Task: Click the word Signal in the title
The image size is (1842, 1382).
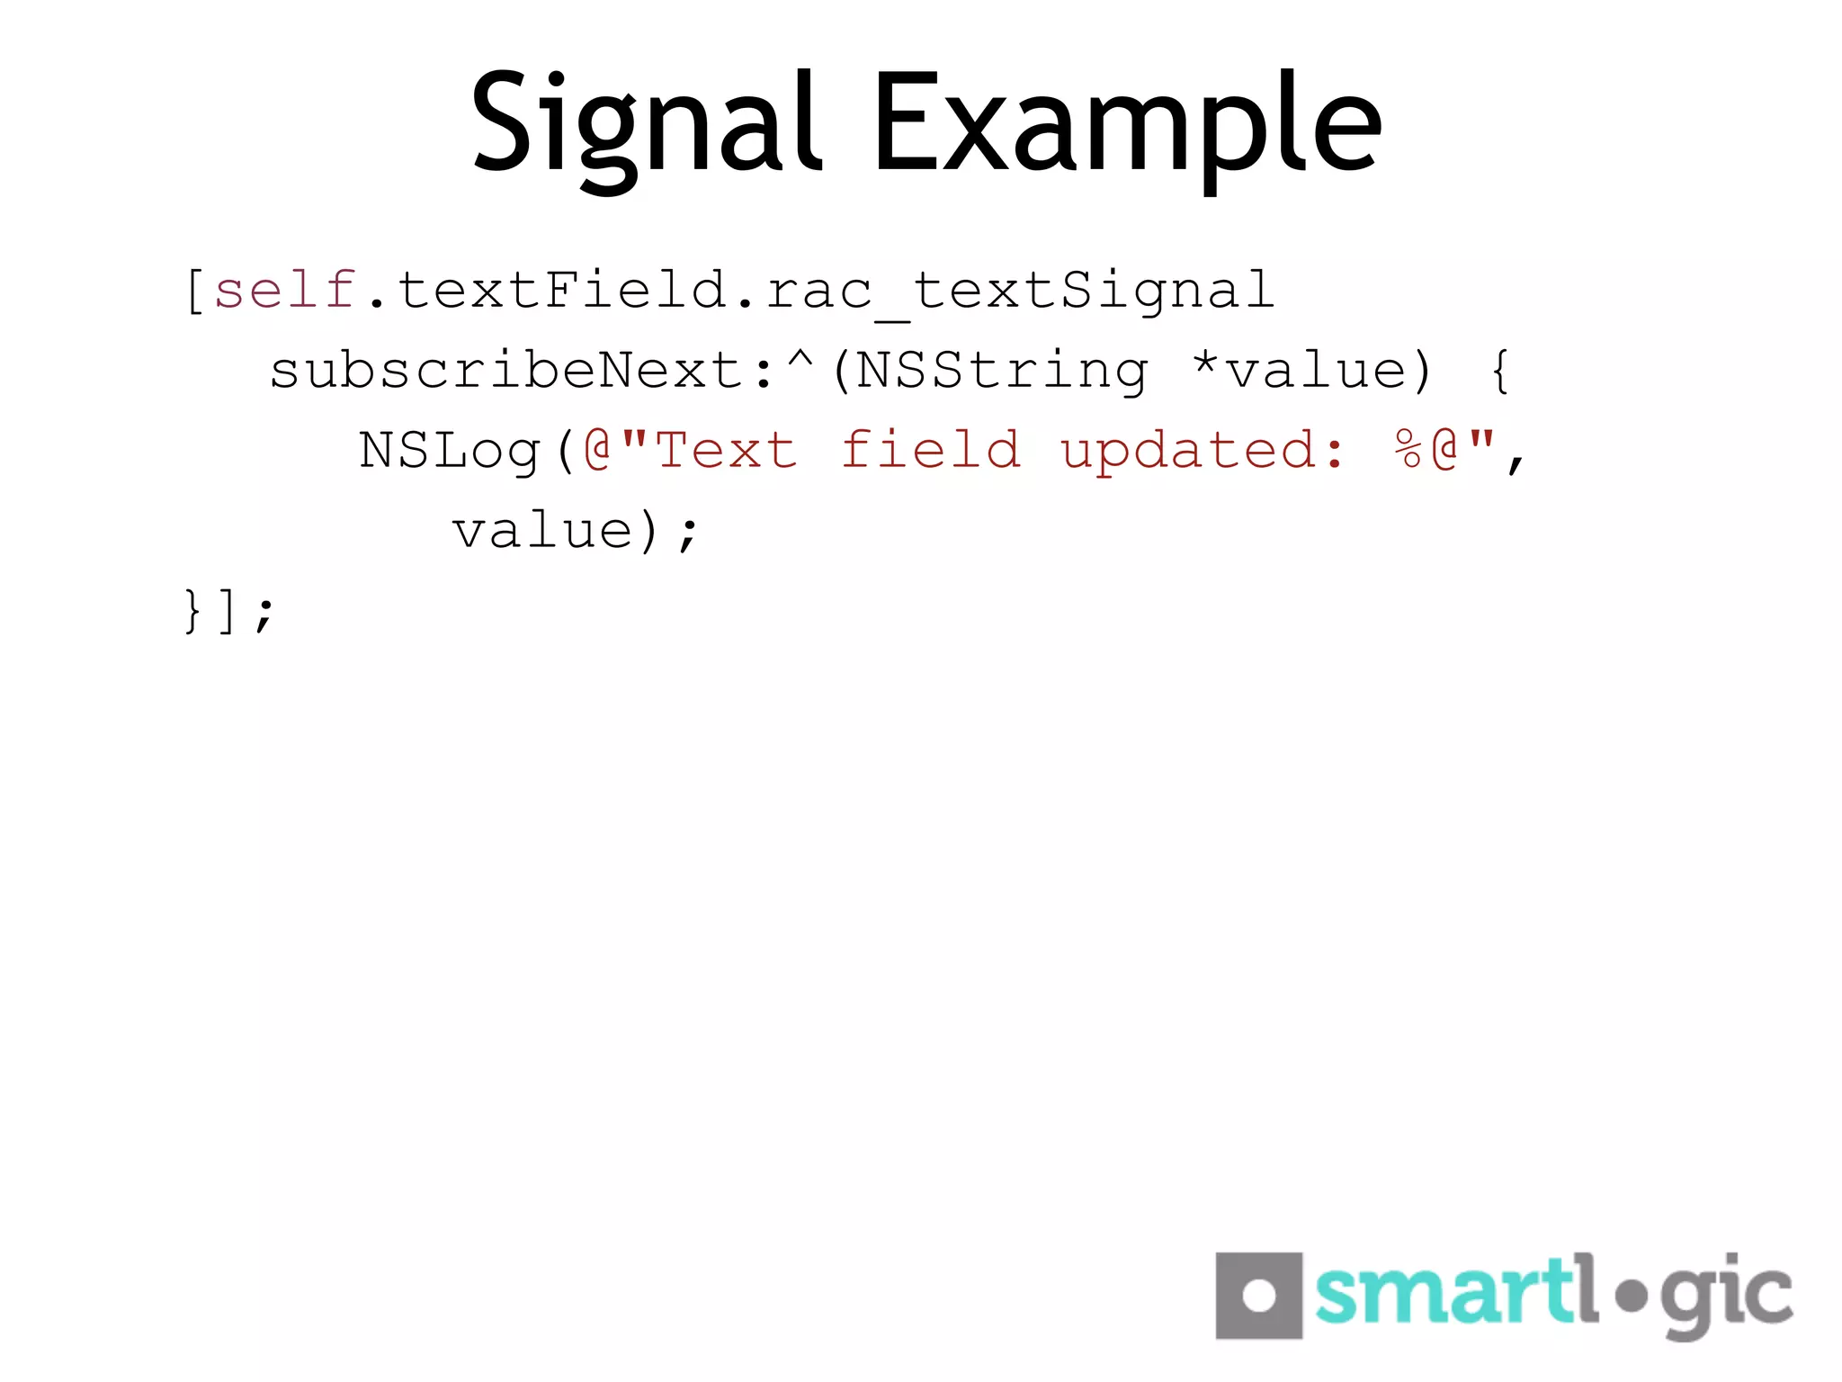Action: [646, 126]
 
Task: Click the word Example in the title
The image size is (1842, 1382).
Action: [1126, 126]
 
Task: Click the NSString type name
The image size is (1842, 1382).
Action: [1001, 371]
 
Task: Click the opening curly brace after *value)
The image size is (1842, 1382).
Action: [1499, 371]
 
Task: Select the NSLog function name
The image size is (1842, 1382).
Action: [450, 450]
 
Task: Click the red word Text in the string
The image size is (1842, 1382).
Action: [727, 450]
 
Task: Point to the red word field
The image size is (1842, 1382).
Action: [931, 450]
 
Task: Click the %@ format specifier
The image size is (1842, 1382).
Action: [1426, 450]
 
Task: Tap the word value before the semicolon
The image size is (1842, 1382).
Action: [542, 530]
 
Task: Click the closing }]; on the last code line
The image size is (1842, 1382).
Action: [228, 611]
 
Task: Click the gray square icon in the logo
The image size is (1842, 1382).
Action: [1258, 1296]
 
